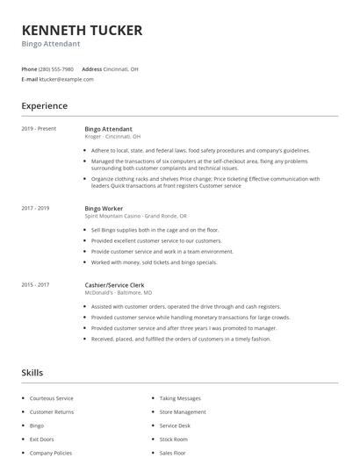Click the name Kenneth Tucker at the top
click(x=82, y=30)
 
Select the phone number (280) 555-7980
click(x=57, y=68)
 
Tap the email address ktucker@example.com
click(x=67, y=79)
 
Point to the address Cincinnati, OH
click(x=122, y=68)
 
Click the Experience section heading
click(x=45, y=106)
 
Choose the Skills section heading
click(x=32, y=373)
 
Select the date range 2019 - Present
click(x=39, y=129)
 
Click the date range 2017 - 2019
click(x=36, y=208)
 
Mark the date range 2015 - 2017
click(x=36, y=285)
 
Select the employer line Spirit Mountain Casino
click(x=135, y=215)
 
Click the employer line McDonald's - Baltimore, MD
click(x=119, y=293)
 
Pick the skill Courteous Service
click(x=52, y=397)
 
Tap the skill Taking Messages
click(x=180, y=397)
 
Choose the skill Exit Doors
click(x=41, y=439)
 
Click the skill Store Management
click(x=183, y=411)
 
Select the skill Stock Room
click(x=174, y=439)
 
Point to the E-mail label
click(x=29, y=79)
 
